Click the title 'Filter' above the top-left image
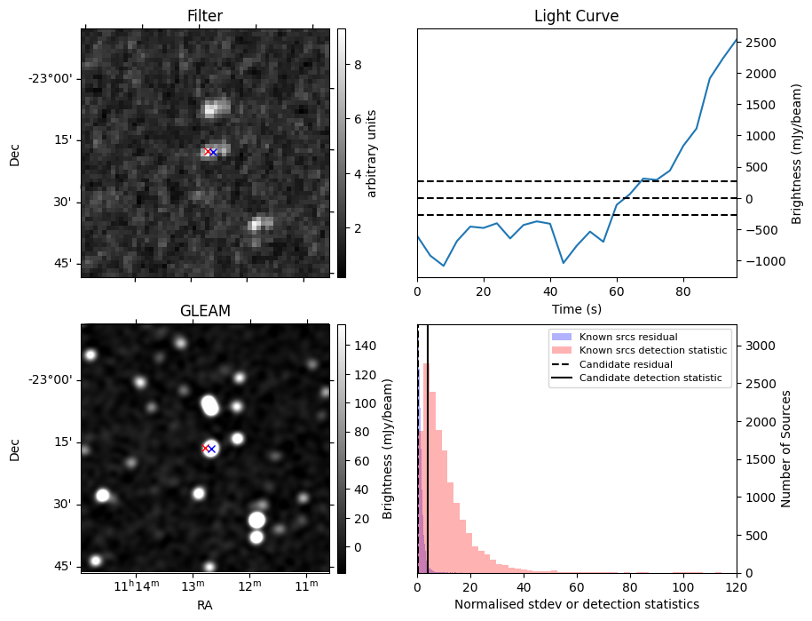pyautogui.click(x=205, y=16)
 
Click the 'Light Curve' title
pyautogui.click(x=576, y=16)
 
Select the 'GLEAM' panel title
pyautogui.click(x=205, y=311)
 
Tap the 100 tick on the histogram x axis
pyautogui.click(x=683, y=587)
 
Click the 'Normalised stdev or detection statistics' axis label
pyautogui.click(x=576, y=604)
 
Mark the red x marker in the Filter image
pyautogui.click(x=208, y=152)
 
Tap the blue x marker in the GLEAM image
pyautogui.click(x=211, y=449)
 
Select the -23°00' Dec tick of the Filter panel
pyautogui.click(x=51, y=78)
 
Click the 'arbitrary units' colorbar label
pyautogui.click(x=373, y=153)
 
